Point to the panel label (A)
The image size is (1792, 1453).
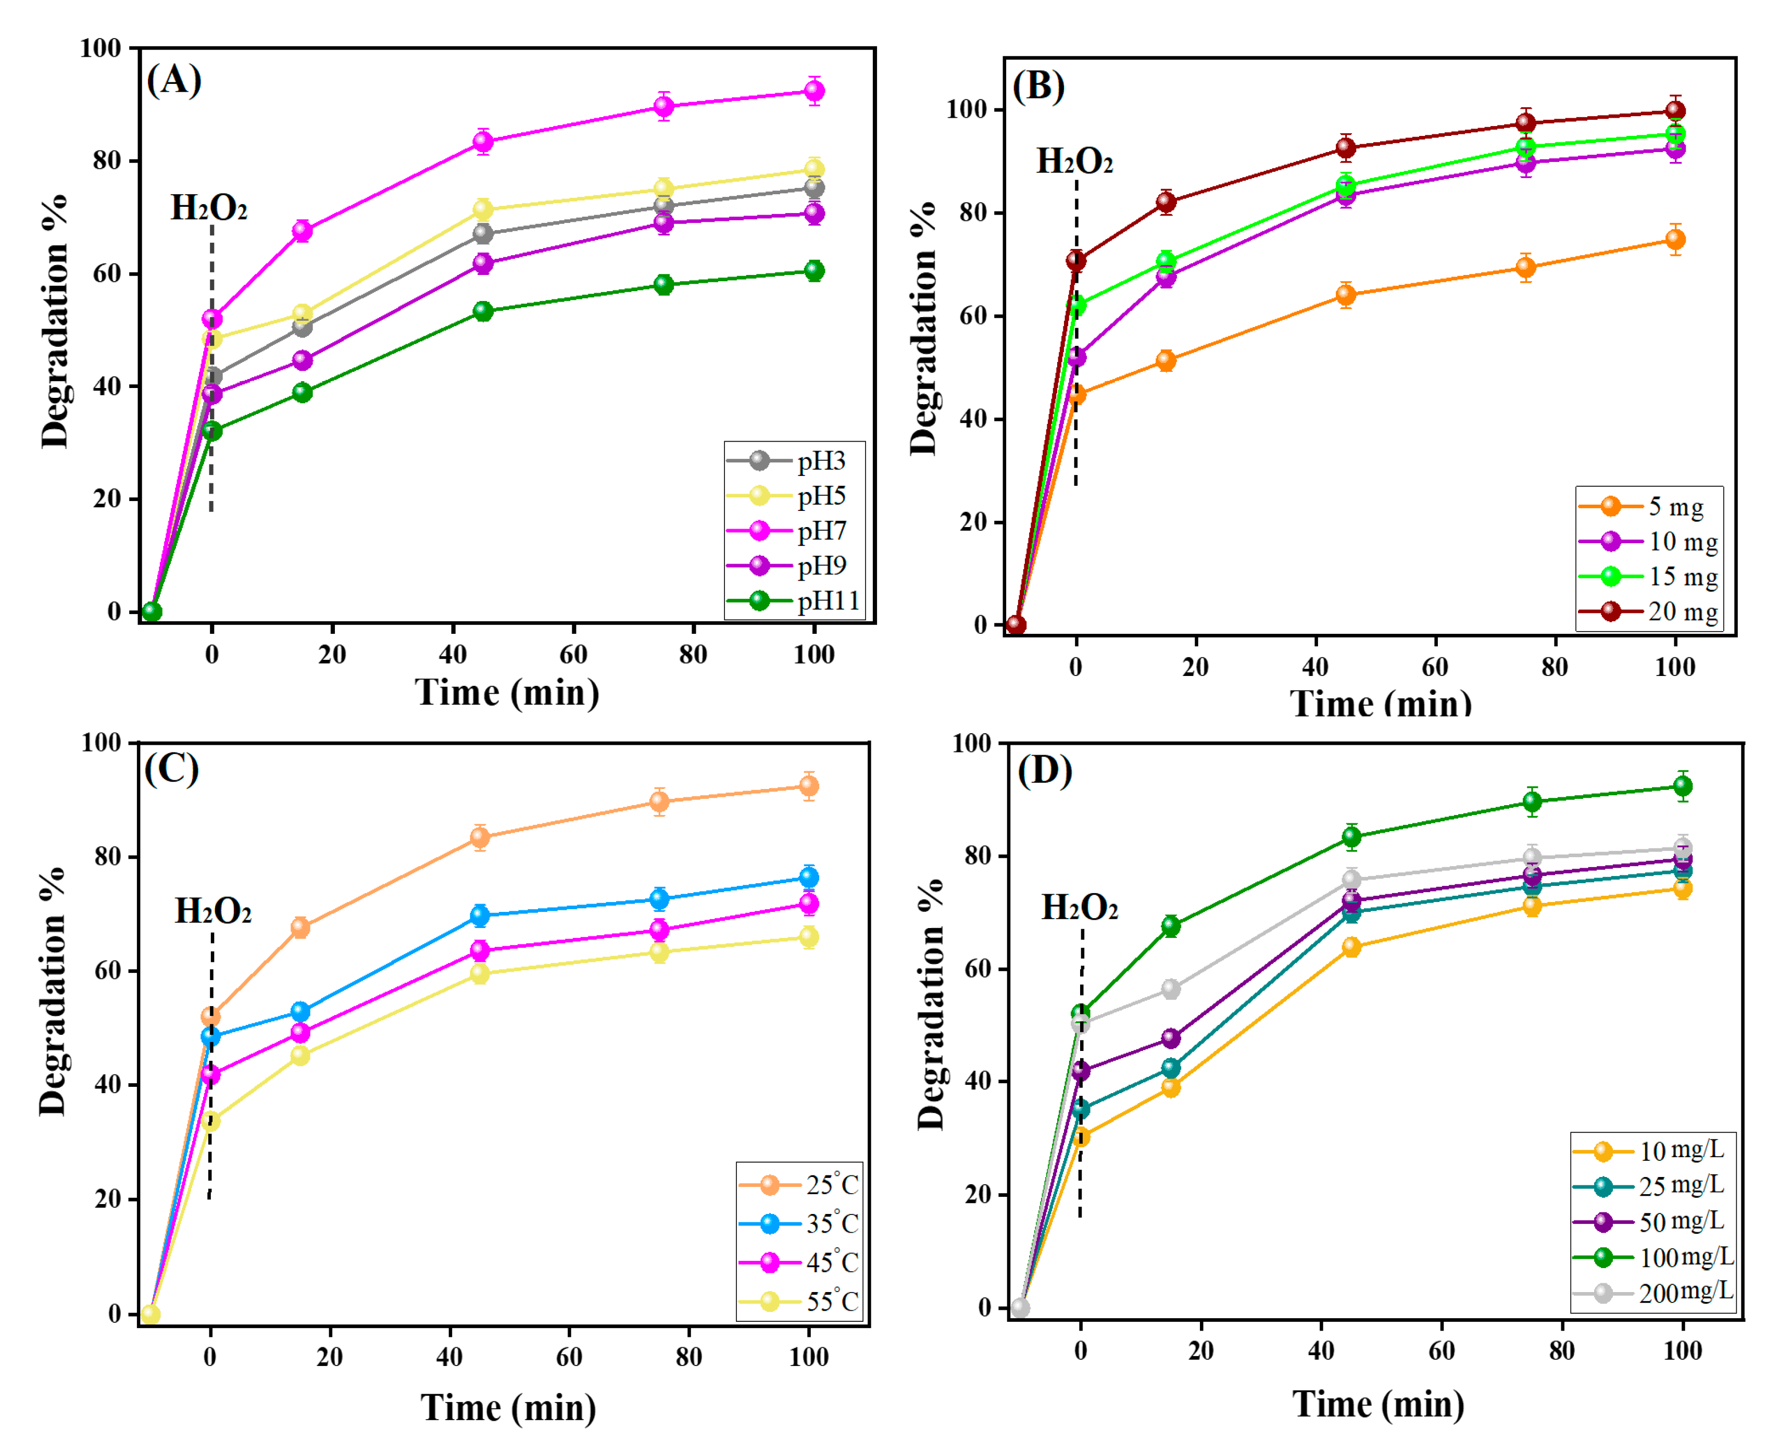coord(174,80)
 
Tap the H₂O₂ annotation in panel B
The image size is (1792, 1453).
coord(1075,161)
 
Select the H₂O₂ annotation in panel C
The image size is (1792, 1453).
coord(212,911)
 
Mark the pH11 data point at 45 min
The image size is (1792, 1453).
coord(483,311)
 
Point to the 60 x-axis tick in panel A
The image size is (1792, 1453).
coord(573,655)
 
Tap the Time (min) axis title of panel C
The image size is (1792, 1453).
coord(508,1408)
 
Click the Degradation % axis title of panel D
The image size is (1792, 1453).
coord(931,1005)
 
